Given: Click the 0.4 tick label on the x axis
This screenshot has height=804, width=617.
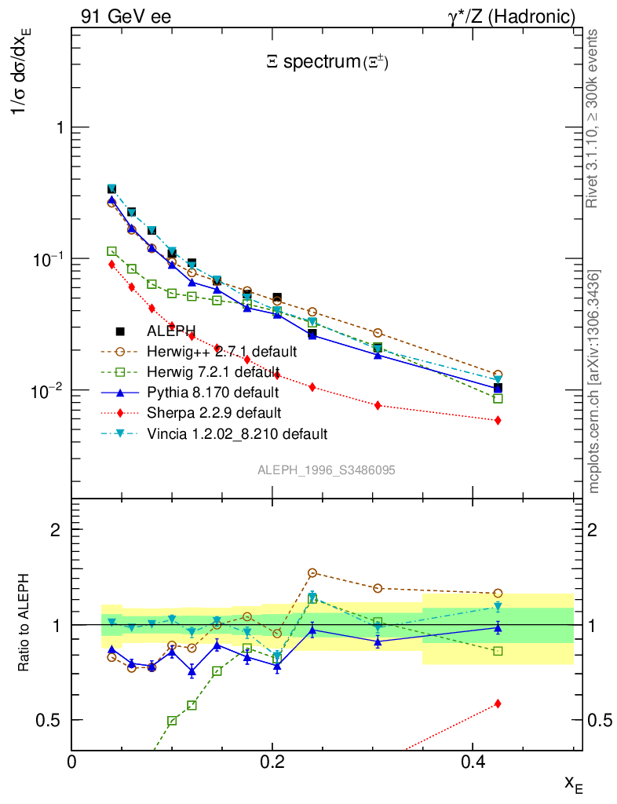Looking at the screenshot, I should pyautogui.click(x=472, y=762).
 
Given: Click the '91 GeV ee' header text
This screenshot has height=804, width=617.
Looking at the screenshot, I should pyautogui.click(x=126, y=16).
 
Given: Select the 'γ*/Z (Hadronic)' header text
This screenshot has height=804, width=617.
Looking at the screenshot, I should pyautogui.click(x=511, y=16).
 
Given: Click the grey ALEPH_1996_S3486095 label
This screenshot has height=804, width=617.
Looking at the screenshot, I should pyautogui.click(x=326, y=470).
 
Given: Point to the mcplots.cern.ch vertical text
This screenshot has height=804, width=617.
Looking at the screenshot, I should pyautogui.click(x=594, y=382).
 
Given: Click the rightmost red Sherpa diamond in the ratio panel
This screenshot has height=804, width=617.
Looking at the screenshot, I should pyautogui.click(x=498, y=703).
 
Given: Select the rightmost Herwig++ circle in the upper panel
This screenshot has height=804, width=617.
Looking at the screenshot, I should pyautogui.click(x=498, y=375).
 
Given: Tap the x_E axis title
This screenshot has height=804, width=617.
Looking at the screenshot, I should pyautogui.click(x=573, y=783).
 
